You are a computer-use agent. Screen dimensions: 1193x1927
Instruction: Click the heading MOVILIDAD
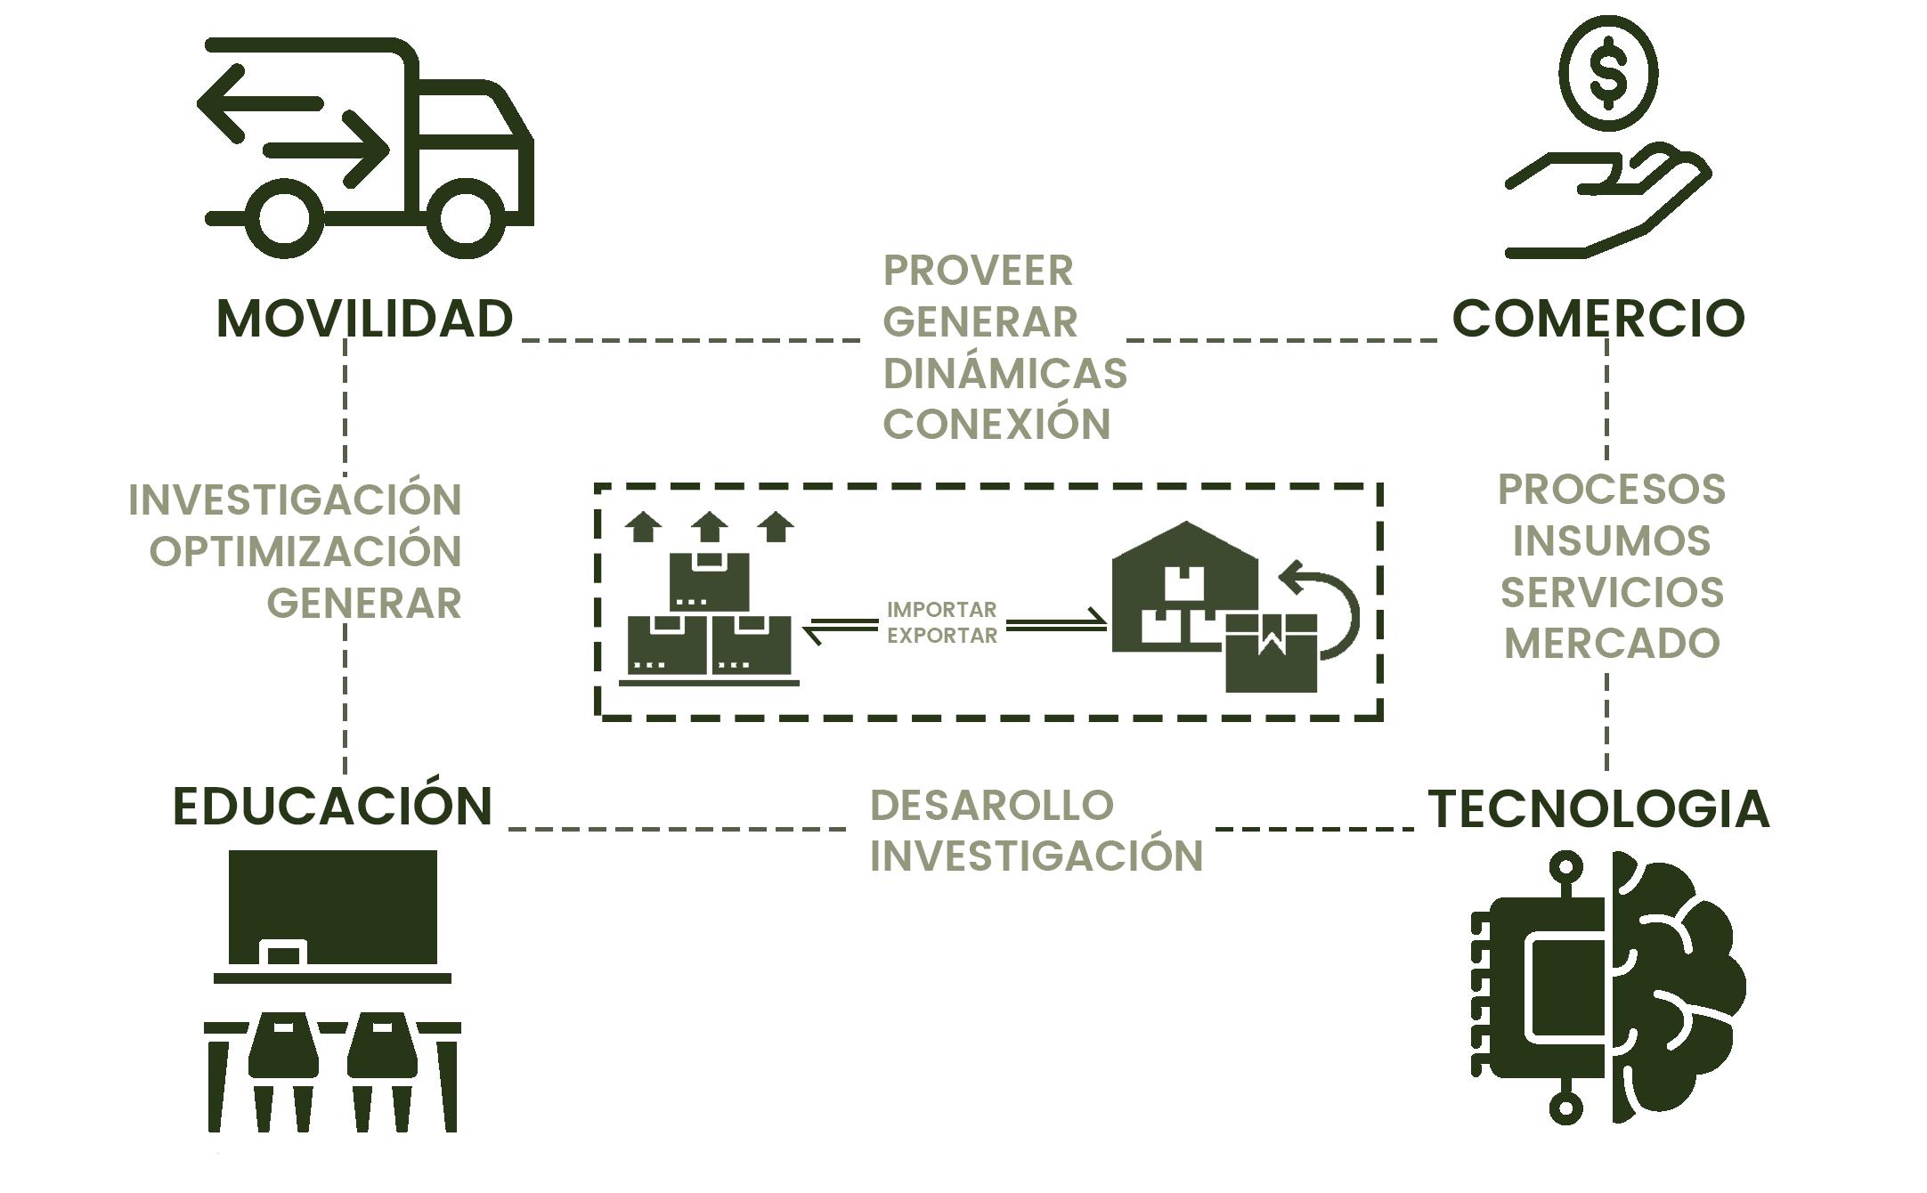(365, 319)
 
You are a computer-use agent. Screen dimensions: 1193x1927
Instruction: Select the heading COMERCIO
(1598, 319)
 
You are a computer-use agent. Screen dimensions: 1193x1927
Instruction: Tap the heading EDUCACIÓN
(332, 807)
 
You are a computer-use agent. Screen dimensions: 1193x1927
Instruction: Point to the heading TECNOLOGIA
(1599, 809)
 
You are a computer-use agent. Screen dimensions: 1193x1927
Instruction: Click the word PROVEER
(978, 271)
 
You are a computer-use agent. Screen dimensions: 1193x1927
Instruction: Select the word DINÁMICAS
(1004, 373)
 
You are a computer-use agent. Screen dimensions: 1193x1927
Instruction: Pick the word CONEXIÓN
(996, 424)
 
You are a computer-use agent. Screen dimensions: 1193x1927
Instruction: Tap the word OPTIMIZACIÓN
(305, 551)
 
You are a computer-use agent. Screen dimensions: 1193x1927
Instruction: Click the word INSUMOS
(1612, 540)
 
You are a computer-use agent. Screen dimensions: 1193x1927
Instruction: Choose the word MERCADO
(1612, 644)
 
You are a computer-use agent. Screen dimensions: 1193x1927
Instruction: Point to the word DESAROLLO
(991, 805)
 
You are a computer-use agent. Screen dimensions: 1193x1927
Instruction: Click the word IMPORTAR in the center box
(941, 611)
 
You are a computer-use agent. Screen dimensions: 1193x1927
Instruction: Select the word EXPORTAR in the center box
(942, 636)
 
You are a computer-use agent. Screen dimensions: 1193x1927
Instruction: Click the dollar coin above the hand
(1608, 73)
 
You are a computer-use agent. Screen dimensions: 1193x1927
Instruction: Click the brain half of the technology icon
(1674, 988)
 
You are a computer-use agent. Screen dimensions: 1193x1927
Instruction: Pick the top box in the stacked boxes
(709, 581)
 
